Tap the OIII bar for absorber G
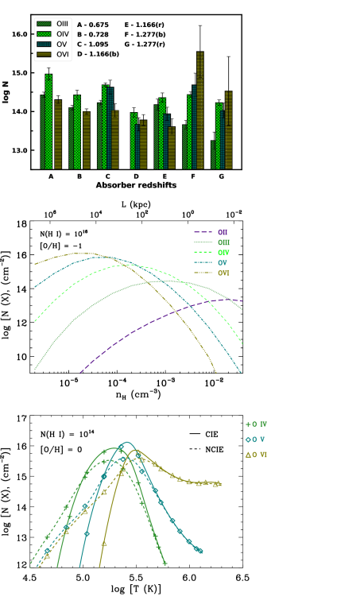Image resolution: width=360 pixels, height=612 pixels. pos(213,155)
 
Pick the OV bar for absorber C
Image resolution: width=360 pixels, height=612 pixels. pos(110,127)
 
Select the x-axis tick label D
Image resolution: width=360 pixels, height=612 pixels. pos(136,176)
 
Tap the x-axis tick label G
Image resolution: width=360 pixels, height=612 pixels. pos(221,176)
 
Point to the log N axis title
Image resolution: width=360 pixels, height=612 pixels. pos(6,91)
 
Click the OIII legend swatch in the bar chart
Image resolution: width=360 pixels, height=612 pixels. pos(44,25)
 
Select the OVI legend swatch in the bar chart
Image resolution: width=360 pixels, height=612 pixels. pos(44,54)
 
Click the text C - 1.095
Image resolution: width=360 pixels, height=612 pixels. pos(93,45)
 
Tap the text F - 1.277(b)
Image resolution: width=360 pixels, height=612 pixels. pos(145,35)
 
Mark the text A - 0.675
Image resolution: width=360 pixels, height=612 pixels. pos(93,25)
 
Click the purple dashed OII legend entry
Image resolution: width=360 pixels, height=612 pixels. pos(211,232)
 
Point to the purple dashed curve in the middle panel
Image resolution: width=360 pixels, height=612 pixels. pos(159,322)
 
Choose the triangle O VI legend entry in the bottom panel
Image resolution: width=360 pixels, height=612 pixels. pos(256,455)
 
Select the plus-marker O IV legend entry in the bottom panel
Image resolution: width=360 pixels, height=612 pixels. pos(256,424)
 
